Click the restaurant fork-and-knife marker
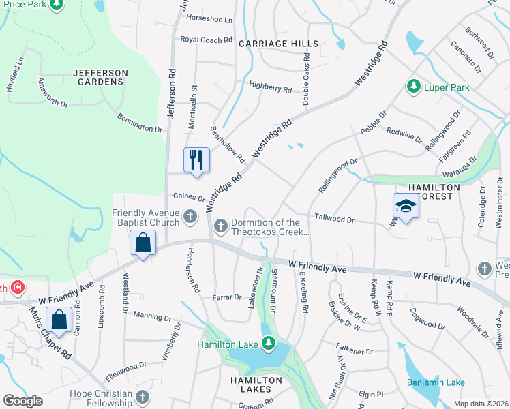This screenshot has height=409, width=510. pyautogui.click(x=197, y=160)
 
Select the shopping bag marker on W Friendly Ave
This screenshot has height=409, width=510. pyautogui.click(x=142, y=243)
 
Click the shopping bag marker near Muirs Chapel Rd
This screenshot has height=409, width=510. pyautogui.click(x=59, y=320)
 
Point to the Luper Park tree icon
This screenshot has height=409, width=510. pyautogui.click(x=412, y=87)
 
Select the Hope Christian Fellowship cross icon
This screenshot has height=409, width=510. pyautogui.click(x=142, y=396)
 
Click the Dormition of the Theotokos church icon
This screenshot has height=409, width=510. pyautogui.click(x=220, y=226)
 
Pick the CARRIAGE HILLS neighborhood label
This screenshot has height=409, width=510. pyautogui.click(x=279, y=44)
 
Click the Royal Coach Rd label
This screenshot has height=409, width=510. pyautogui.click(x=206, y=40)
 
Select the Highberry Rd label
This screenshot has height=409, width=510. pyautogui.click(x=270, y=89)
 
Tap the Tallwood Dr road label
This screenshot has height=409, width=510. pyautogui.click(x=334, y=219)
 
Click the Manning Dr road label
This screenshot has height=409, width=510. pyautogui.click(x=153, y=316)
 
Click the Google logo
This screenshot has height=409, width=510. pyautogui.click(x=22, y=401)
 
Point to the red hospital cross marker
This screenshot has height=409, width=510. pyautogui.click(x=16, y=288)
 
